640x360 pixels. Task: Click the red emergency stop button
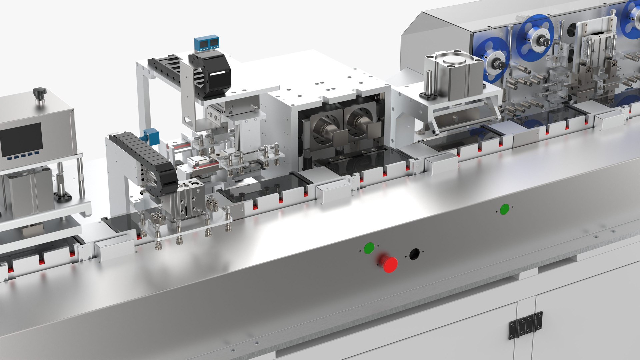pos(389,264)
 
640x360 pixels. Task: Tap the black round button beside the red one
pos(414,254)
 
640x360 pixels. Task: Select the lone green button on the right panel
pos(504,209)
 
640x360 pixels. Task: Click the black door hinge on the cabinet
pos(525,325)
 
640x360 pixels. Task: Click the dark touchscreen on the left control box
pos(22,140)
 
